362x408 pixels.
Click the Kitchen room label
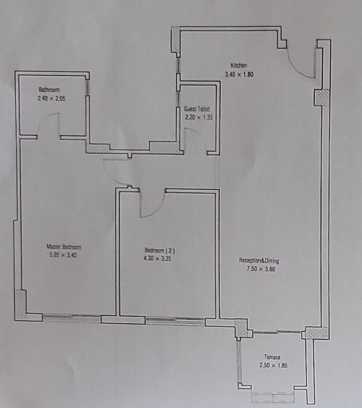[239, 65]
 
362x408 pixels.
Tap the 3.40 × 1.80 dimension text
[239, 74]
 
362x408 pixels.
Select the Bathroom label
[49, 90]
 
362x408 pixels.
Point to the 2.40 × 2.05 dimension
[51, 99]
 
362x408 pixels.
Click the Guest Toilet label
[197, 109]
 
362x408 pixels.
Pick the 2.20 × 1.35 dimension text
[199, 117]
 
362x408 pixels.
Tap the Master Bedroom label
[64, 247]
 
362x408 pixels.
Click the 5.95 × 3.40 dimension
[63, 255]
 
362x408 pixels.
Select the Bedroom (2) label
[160, 250]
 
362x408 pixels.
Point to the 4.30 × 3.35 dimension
[157, 259]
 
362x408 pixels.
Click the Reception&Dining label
[259, 260]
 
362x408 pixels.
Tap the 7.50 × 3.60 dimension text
[261, 269]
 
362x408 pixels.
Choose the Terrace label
[272, 357]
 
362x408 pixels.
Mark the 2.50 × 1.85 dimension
[274, 365]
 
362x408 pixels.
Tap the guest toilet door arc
[200, 135]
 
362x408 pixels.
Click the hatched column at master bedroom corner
[20, 305]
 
